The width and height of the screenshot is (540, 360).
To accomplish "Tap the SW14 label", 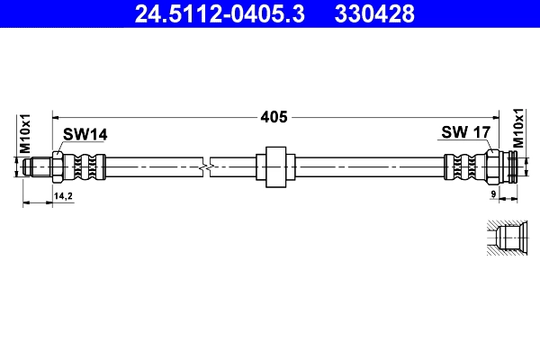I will coord(85,134).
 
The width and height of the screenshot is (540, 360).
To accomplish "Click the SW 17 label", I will coord(465,133).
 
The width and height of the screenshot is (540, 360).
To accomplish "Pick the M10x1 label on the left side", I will coord(26,133).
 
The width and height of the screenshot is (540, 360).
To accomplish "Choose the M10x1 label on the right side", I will coord(518,129).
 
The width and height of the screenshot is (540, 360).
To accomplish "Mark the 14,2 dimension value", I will coord(64,194).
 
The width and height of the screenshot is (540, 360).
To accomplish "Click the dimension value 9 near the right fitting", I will coord(493,194).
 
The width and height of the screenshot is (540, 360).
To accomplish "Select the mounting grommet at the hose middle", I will coord(274,166).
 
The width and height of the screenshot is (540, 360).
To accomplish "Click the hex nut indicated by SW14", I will coord(58,166).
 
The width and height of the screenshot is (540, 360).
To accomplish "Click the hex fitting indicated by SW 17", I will coord(492,166).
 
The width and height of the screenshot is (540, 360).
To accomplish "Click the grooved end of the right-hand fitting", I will coord(513,166).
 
